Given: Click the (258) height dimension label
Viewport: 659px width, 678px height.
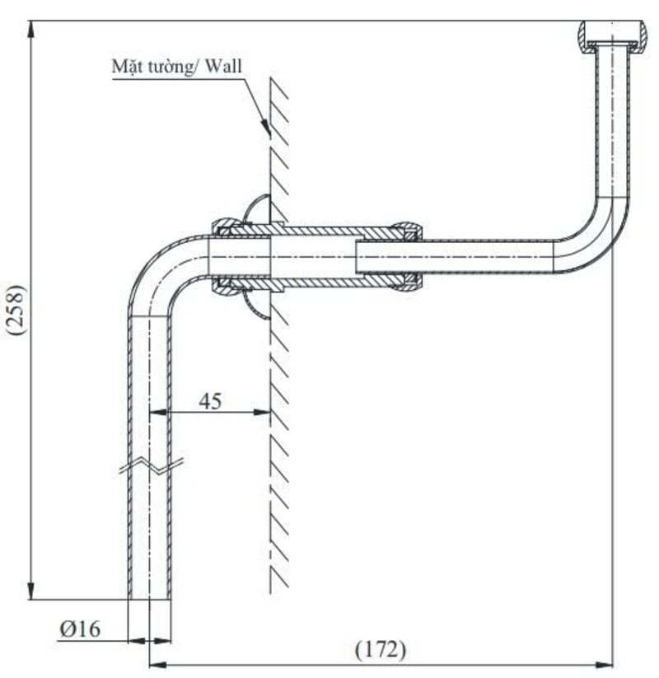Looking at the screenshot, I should (16, 309).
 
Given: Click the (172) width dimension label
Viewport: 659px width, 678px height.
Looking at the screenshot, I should (381, 650).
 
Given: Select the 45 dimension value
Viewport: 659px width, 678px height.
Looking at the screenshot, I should (210, 401).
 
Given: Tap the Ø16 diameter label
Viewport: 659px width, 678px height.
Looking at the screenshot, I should (80, 629).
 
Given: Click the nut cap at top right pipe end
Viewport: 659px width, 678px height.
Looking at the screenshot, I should (612, 35).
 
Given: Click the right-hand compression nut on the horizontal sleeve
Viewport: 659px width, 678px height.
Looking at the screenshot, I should (407, 255).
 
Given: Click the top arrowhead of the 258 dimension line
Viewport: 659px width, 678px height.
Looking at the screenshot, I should (31, 29).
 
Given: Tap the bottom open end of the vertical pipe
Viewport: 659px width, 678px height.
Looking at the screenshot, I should (151, 597).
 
